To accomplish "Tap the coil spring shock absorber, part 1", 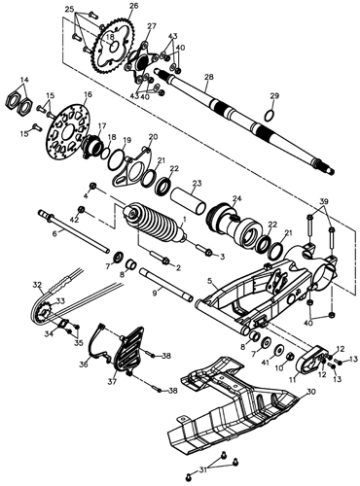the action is click(x=154, y=223).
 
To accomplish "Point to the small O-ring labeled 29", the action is click(x=270, y=115).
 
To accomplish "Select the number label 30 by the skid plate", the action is click(x=310, y=392).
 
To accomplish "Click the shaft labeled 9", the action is click(x=166, y=284).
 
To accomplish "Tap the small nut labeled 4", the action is click(x=93, y=186).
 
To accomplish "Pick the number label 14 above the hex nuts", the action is click(x=25, y=80).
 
